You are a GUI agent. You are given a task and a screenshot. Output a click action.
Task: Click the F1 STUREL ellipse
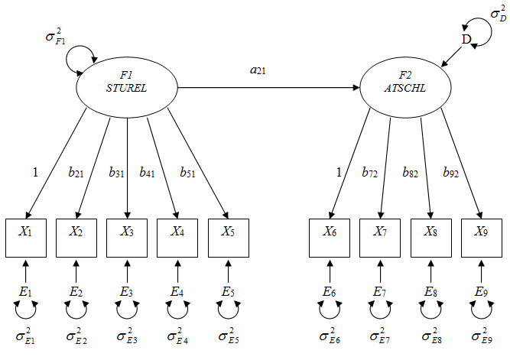click(126, 86)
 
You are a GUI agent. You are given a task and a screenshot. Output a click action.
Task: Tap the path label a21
click(258, 70)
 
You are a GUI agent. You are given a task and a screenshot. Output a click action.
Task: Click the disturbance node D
click(465, 39)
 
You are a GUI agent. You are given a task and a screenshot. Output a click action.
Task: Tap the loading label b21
click(76, 174)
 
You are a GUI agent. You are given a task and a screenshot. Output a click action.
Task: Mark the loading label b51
click(188, 174)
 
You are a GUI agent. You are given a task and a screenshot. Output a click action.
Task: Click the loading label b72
click(371, 174)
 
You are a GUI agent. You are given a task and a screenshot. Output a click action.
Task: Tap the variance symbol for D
click(497, 14)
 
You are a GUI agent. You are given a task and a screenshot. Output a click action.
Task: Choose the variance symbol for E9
click(481, 337)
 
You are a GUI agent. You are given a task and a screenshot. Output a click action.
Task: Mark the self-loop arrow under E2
click(76, 310)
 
